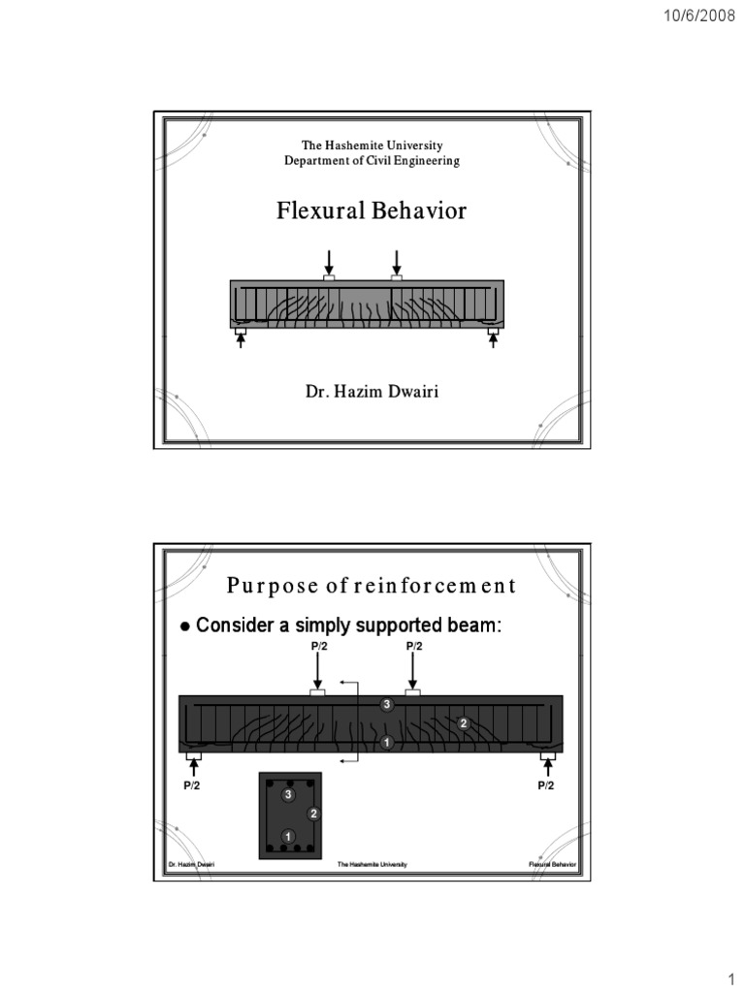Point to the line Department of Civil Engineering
(372, 161)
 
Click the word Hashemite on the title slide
(359, 145)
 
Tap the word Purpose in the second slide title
(263, 586)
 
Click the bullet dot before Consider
(185, 627)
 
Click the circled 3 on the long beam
(386, 705)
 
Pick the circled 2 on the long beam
(464, 723)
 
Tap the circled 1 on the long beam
(386, 743)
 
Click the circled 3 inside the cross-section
(288, 795)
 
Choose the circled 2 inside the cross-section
(313, 813)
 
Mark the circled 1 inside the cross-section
(288, 836)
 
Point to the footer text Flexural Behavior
(552, 863)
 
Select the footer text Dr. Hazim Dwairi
(191, 863)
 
